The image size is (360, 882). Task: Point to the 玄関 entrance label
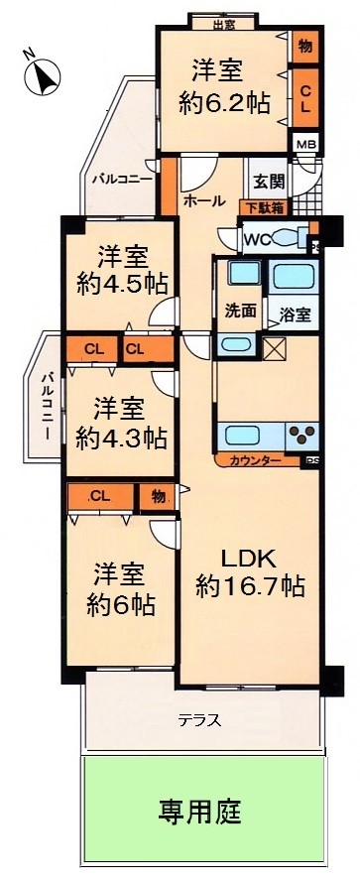[x=268, y=182]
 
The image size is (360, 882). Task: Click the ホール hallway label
[x=204, y=200]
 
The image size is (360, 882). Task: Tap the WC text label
[x=256, y=238]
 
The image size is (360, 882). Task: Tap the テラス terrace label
[x=199, y=720]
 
